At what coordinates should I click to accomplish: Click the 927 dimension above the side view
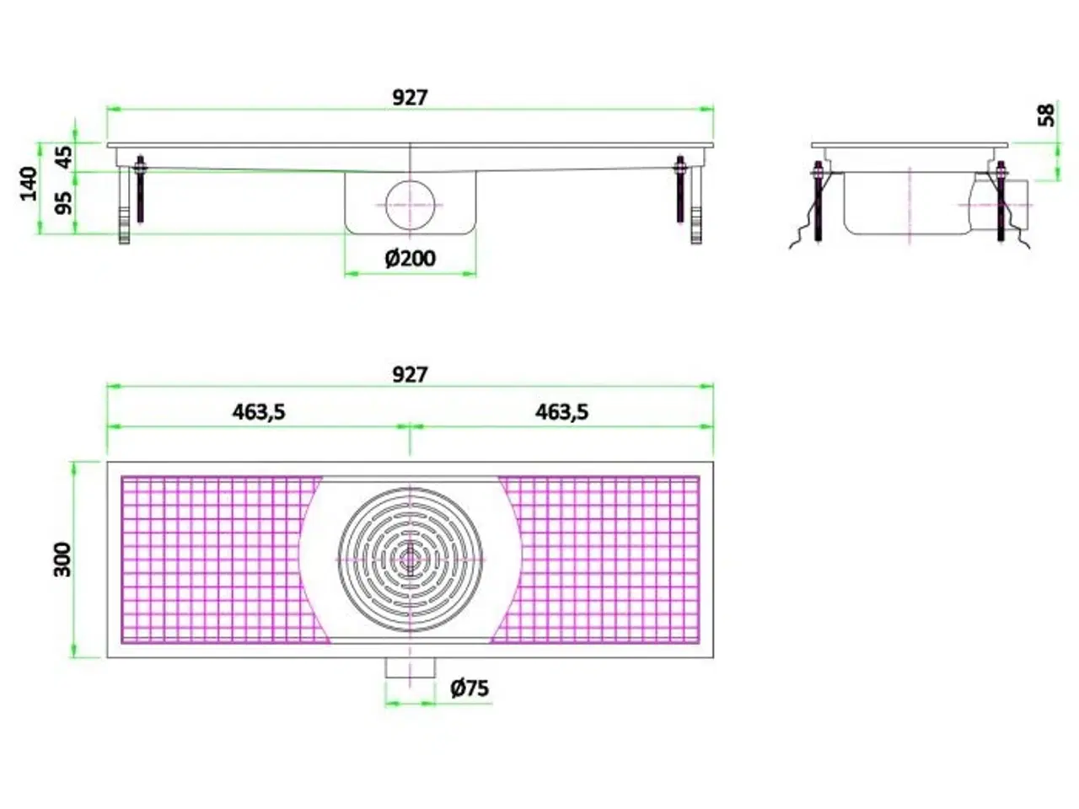click(410, 98)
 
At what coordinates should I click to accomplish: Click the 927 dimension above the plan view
click(410, 374)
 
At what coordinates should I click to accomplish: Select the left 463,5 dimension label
click(258, 412)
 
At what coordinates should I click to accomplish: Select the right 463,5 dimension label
click(561, 412)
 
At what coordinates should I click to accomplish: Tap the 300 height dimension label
click(63, 559)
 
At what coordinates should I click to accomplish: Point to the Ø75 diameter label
click(470, 688)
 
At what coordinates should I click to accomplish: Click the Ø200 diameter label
click(411, 259)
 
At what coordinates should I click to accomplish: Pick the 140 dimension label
click(30, 184)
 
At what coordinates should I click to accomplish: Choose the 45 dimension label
click(64, 157)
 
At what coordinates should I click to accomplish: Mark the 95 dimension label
click(64, 202)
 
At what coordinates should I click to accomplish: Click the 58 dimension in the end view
click(1045, 115)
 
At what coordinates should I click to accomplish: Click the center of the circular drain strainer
click(410, 559)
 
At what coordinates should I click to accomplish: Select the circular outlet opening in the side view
click(410, 204)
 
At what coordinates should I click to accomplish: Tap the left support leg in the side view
click(125, 206)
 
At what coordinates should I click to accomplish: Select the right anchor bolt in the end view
click(1001, 202)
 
